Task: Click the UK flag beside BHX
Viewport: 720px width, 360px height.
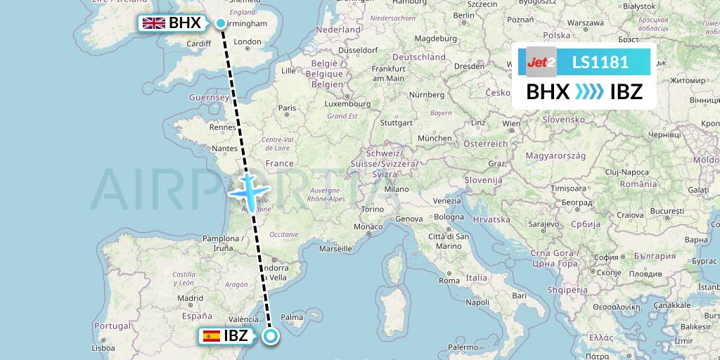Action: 154,23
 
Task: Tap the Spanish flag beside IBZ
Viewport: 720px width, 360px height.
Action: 210,336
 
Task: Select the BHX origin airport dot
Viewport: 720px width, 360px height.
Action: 221,24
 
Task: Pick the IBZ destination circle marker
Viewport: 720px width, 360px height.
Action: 271,337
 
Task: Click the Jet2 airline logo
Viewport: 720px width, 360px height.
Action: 541,62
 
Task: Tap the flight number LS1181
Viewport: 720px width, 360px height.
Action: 600,62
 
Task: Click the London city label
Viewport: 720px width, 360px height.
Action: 247,42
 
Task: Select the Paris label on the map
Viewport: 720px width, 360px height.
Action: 287,108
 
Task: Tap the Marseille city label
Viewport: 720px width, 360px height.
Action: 335,248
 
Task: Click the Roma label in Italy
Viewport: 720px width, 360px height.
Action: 449,281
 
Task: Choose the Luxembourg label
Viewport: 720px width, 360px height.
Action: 328,104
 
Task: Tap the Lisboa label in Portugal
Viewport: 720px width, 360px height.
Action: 103,347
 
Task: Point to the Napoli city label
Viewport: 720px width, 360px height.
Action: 477,302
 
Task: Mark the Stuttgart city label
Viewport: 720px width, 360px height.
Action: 395,122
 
